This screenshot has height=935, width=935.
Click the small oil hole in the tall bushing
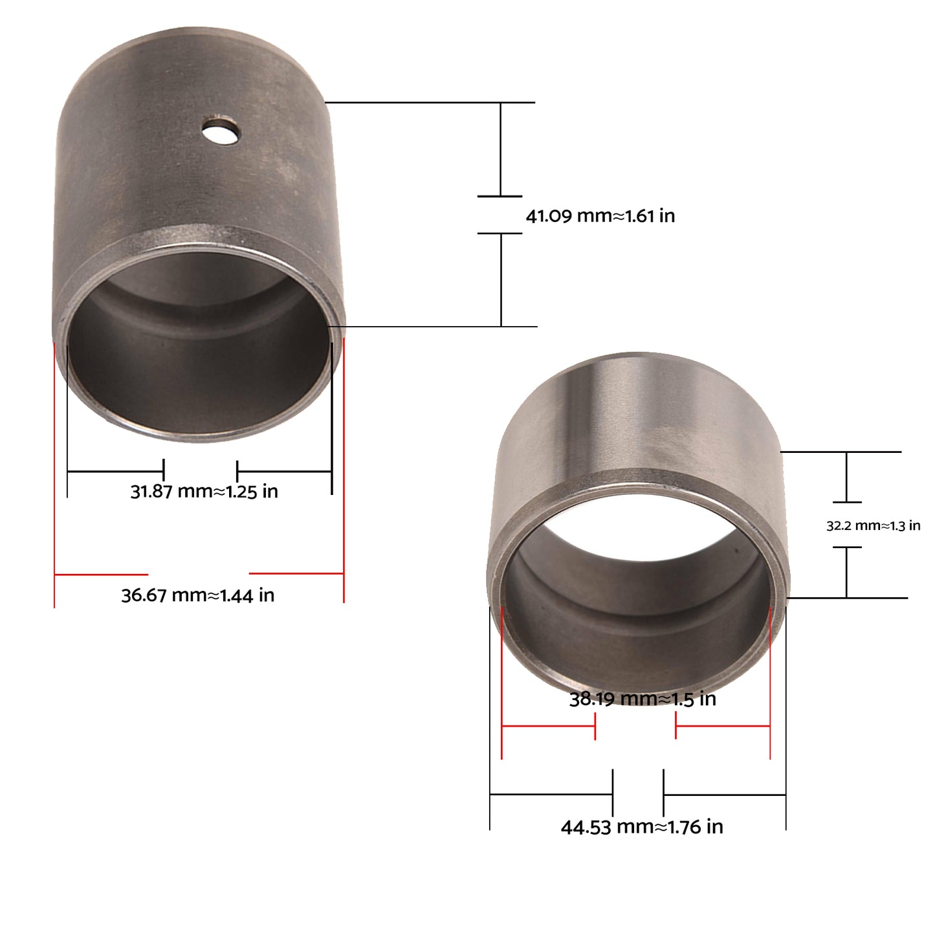point(221,130)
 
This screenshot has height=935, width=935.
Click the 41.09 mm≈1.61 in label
point(600,215)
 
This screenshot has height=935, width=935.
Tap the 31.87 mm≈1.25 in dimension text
point(204,491)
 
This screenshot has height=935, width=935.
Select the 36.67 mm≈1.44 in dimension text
point(197,595)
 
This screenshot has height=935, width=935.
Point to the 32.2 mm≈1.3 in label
point(873,525)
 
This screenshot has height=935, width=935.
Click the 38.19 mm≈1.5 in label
point(643,699)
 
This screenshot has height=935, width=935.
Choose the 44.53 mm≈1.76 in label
point(641,827)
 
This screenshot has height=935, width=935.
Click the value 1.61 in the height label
point(640,215)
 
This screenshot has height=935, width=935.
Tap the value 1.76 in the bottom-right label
point(684,827)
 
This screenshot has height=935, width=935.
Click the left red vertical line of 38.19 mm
point(501,686)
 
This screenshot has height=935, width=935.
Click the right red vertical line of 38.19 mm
point(770,686)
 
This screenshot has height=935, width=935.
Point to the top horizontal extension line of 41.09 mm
point(430,102)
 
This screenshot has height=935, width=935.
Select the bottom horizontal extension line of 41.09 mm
point(434,326)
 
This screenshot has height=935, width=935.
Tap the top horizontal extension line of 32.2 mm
point(841,452)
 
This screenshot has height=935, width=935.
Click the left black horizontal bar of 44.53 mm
point(551,794)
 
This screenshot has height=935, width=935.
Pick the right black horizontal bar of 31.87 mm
point(285,471)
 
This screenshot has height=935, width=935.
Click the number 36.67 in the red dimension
point(144,595)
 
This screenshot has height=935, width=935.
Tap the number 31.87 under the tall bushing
point(151,491)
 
